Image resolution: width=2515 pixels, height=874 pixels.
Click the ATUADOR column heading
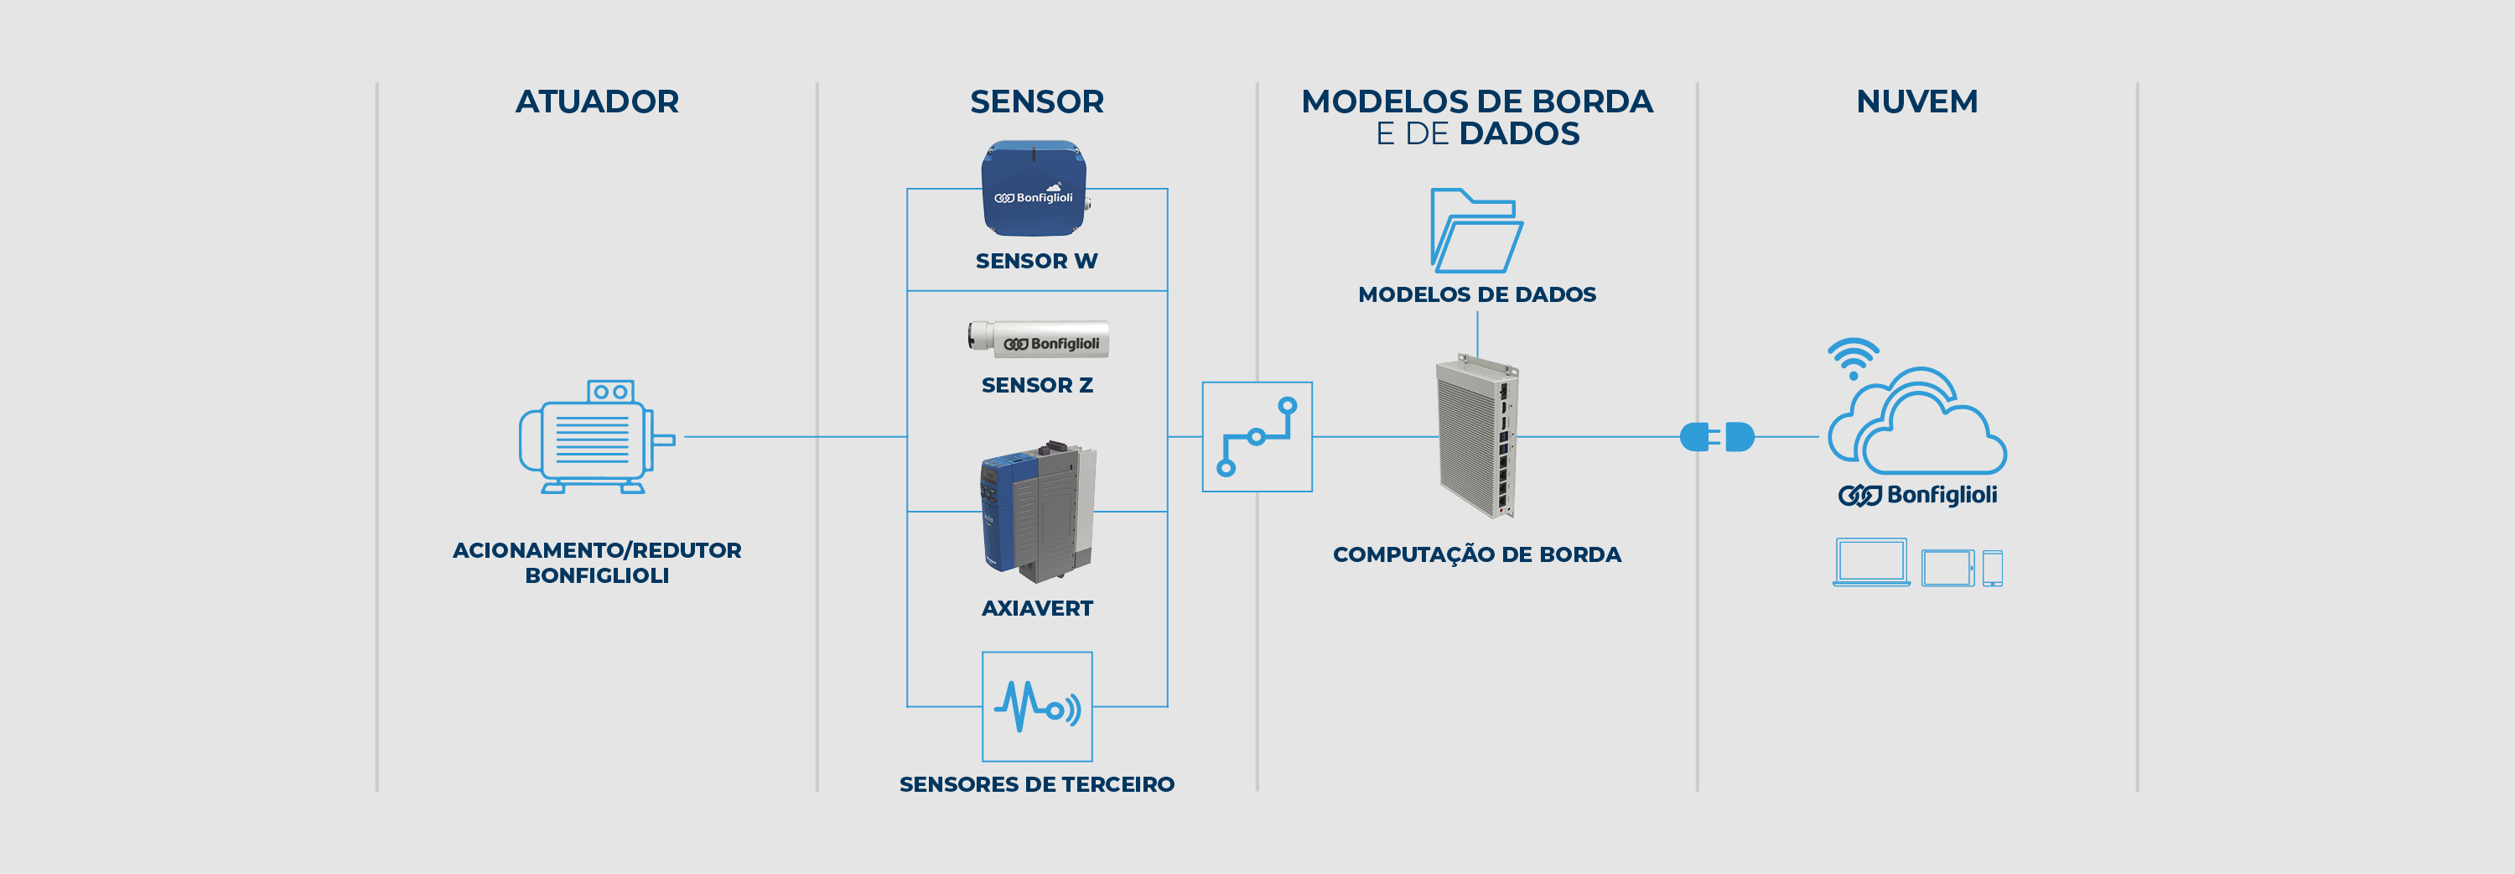point(597,101)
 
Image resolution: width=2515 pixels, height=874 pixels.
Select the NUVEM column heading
point(1916,101)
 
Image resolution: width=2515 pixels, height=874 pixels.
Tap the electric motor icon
point(595,436)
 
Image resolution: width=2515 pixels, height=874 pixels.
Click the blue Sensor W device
point(1034,189)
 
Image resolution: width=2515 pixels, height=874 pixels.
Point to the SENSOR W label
point(1036,261)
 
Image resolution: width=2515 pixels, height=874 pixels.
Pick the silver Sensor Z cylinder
point(1038,340)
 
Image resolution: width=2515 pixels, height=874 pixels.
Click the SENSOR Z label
point(1036,385)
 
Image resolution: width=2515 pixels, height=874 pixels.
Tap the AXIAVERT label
point(1036,607)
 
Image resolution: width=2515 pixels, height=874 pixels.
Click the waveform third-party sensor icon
point(1037,706)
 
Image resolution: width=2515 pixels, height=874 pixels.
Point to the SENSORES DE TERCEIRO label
point(1036,783)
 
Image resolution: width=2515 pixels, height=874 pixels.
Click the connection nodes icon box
point(1257,436)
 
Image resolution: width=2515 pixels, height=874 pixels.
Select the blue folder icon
point(1475,231)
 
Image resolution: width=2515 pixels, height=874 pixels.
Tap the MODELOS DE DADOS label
point(1476,294)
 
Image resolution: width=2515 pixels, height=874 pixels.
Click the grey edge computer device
point(1477,436)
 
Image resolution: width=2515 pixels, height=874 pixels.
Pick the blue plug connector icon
point(1716,436)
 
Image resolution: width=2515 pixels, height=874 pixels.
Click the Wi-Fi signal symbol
point(1852,358)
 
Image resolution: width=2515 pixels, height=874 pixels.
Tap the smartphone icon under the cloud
point(1992,567)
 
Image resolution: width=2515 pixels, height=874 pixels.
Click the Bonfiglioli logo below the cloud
point(1916,495)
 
